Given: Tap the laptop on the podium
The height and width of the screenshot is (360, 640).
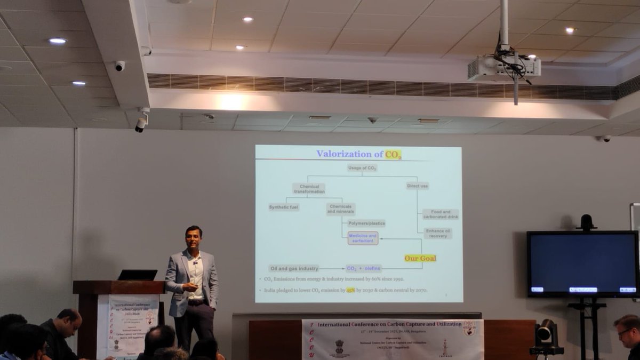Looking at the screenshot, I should click(x=138, y=275).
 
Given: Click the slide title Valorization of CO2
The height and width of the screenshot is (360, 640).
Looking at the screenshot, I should click(x=358, y=154).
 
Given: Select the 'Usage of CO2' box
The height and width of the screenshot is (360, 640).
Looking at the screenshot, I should click(x=362, y=168).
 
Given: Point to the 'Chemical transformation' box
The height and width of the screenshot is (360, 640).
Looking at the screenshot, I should click(x=309, y=189).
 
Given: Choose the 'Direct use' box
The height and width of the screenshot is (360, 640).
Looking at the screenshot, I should click(x=417, y=186).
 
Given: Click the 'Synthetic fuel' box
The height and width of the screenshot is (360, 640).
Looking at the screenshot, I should click(x=284, y=207).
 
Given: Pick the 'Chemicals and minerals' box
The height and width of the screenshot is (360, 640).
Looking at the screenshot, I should click(x=341, y=209).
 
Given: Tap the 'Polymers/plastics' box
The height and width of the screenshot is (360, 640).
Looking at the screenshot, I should click(x=366, y=223).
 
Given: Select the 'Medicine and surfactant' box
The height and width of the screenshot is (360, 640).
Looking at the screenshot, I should click(x=363, y=238).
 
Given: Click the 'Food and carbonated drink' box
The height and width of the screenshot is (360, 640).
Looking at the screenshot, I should click(x=441, y=214).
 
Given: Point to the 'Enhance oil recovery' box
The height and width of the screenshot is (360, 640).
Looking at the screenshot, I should click(x=438, y=234).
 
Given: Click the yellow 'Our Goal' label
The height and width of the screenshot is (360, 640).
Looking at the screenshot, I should click(x=420, y=258).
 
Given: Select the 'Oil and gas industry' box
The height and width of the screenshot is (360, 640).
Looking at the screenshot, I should click(x=294, y=268).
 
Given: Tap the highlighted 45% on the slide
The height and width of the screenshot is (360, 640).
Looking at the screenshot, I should click(x=350, y=291).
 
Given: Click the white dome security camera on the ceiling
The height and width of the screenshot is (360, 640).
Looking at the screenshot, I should click(x=119, y=66).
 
